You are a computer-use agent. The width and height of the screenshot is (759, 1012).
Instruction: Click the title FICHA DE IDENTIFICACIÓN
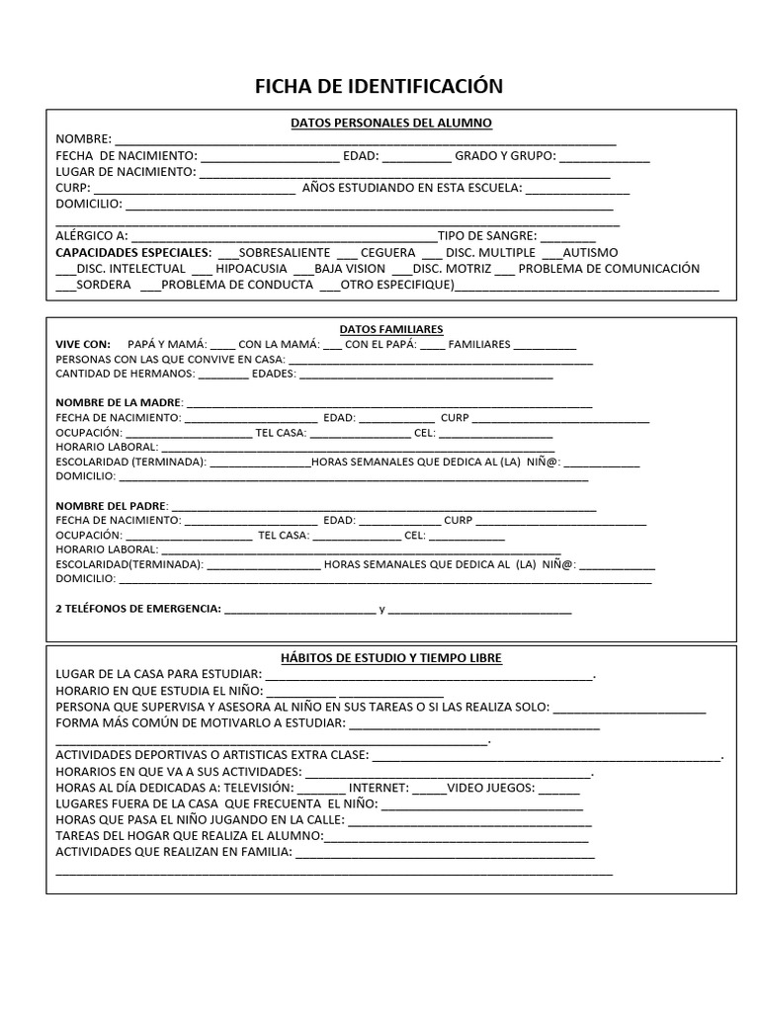(x=379, y=86)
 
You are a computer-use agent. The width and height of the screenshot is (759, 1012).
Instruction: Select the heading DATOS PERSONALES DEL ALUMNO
(x=390, y=123)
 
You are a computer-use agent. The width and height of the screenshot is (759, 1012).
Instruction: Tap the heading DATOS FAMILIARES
(x=390, y=329)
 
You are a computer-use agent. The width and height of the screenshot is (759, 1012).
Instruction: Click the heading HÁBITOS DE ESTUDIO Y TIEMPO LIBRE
(x=390, y=657)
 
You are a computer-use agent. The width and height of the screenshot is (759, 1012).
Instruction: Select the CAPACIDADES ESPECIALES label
(x=133, y=252)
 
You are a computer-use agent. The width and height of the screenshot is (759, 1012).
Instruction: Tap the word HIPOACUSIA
(x=251, y=268)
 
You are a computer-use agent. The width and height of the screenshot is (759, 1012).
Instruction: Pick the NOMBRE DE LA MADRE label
(x=118, y=402)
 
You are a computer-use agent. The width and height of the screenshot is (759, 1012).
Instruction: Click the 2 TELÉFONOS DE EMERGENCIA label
(x=137, y=609)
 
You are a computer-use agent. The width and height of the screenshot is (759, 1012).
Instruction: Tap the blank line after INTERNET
(x=429, y=788)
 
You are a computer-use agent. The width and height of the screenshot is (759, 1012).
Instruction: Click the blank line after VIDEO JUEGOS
(x=559, y=788)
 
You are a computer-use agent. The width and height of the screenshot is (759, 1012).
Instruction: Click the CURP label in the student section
(x=72, y=188)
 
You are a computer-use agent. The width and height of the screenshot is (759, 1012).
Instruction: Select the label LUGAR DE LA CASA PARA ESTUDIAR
(x=157, y=674)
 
